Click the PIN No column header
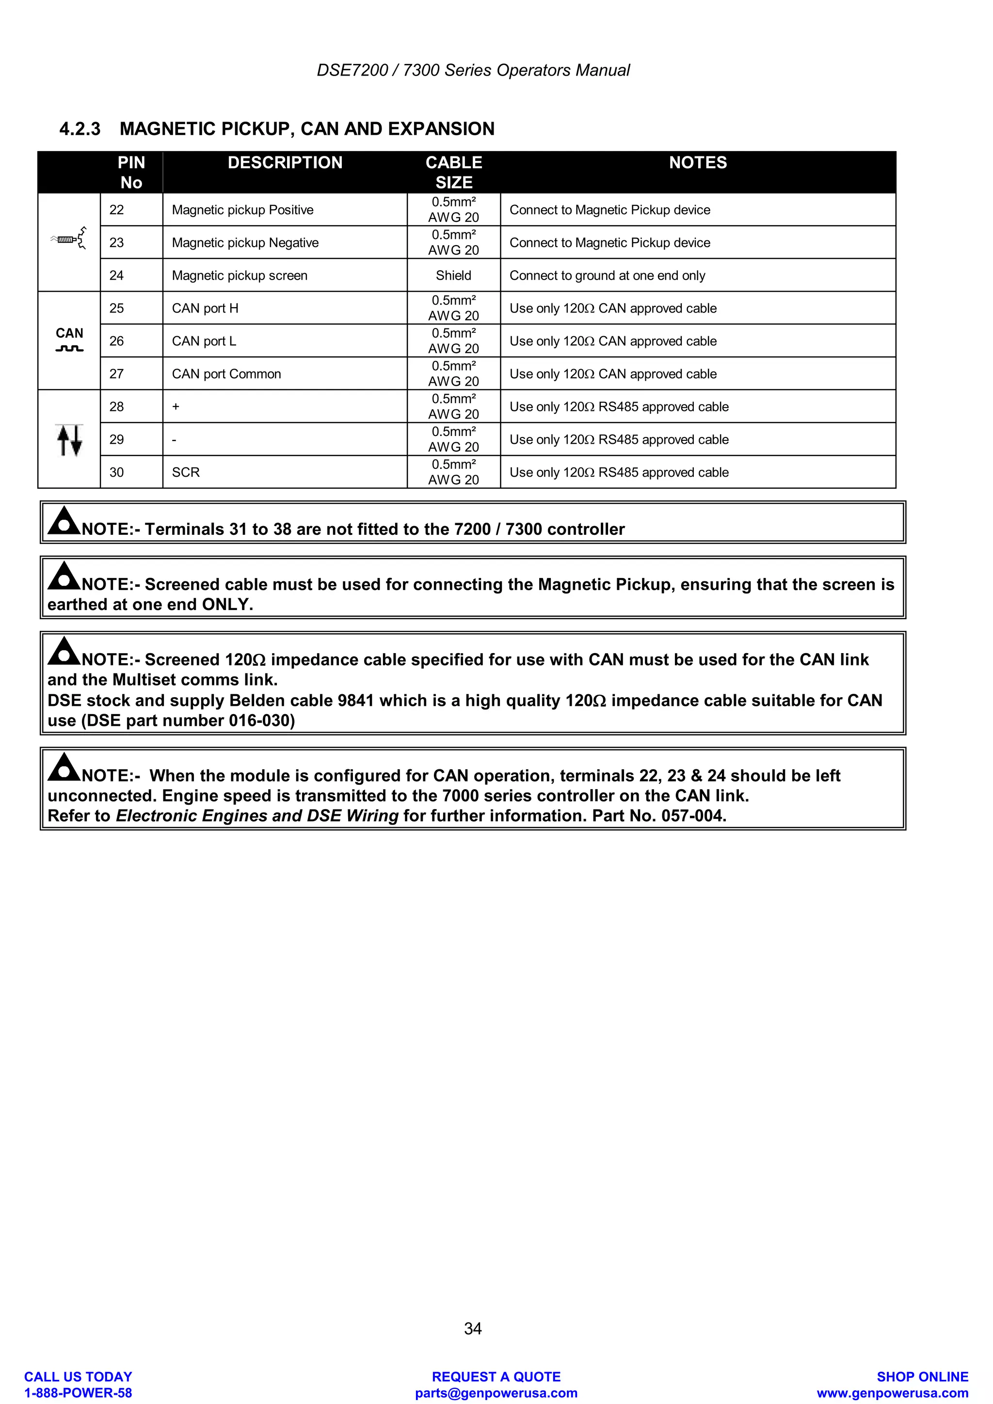(131, 172)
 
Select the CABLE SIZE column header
(453, 172)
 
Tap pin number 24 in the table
(116, 276)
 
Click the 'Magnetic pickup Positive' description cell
(242, 210)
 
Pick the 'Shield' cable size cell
(453, 276)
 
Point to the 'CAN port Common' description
(226, 374)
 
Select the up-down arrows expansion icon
(69, 440)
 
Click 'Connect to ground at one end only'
(607, 276)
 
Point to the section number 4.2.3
(80, 129)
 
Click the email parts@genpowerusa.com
(496, 1393)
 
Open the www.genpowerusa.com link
(893, 1393)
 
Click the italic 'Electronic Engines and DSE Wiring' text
(257, 816)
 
